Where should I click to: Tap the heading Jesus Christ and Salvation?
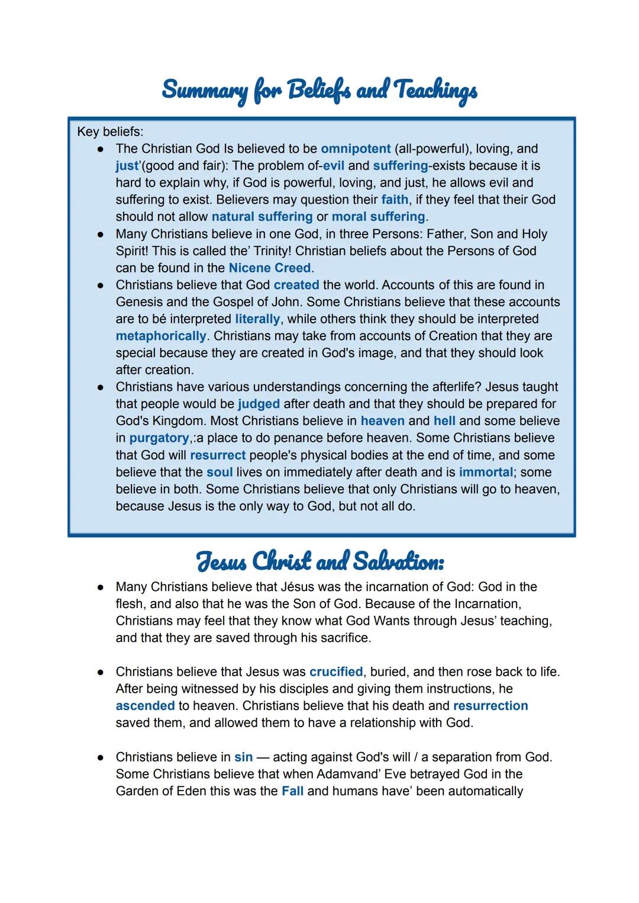point(320,561)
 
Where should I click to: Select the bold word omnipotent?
point(356,149)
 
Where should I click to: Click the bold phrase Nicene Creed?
point(269,268)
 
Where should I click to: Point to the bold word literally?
point(257,319)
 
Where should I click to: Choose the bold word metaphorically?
point(160,336)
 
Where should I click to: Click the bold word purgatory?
point(159,438)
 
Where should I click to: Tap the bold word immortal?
point(486,473)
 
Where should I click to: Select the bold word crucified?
point(336,672)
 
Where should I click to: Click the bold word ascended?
point(145,706)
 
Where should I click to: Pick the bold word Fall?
point(292,791)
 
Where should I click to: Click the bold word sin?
point(243,757)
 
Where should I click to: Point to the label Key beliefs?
point(110,131)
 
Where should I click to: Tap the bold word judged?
point(259,404)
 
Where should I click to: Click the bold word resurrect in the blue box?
point(217,455)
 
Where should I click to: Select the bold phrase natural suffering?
point(262,217)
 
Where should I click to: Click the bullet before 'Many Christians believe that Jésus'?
point(101,587)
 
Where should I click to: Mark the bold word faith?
point(395,200)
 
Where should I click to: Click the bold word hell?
point(444,421)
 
